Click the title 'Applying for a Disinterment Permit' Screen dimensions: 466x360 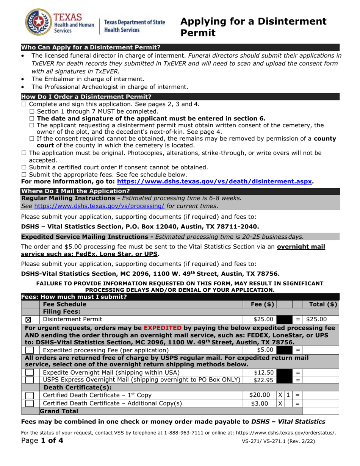pos(253,27)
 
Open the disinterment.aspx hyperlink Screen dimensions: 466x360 pos(215,181)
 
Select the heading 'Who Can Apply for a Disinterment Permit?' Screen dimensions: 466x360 pos(91,47)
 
